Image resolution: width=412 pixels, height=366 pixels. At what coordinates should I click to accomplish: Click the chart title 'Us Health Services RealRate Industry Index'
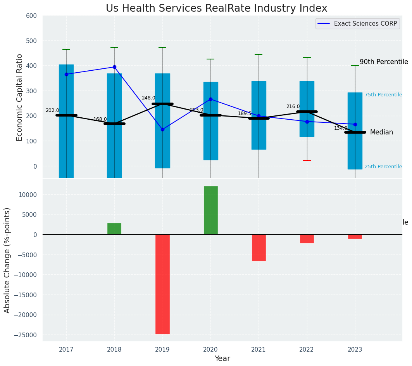pos(216,9)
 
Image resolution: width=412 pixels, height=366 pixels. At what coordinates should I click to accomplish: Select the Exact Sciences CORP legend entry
pos(365,24)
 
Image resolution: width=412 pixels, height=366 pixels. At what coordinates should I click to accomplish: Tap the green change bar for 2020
pos(210,210)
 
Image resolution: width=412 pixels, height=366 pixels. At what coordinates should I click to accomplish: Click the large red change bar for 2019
pos(162,284)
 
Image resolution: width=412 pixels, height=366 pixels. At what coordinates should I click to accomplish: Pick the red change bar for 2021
pos(259,247)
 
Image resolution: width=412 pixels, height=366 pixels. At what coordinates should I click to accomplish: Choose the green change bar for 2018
pos(114,229)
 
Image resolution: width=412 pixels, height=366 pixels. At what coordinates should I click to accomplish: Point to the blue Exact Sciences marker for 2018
pos(114,67)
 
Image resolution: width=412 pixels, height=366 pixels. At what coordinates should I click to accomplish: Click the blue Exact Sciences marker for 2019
pos(162,129)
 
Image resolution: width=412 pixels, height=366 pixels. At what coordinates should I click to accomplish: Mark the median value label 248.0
pos(148,98)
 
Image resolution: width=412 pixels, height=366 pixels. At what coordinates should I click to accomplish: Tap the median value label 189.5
pos(245,113)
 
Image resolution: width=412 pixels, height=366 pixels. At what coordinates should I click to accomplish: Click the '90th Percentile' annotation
pos(384,62)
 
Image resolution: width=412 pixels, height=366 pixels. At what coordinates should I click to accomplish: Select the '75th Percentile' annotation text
pos(383,95)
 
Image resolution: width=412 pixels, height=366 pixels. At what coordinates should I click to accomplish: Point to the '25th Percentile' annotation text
pos(383,167)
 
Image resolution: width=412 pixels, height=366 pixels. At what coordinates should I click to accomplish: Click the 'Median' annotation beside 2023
pos(381,132)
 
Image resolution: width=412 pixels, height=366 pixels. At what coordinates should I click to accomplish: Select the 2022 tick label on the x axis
pos(307,350)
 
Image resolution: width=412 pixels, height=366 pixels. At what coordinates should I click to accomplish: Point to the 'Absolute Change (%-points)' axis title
pos(7,260)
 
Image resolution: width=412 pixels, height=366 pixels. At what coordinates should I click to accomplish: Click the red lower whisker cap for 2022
pos(307,160)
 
